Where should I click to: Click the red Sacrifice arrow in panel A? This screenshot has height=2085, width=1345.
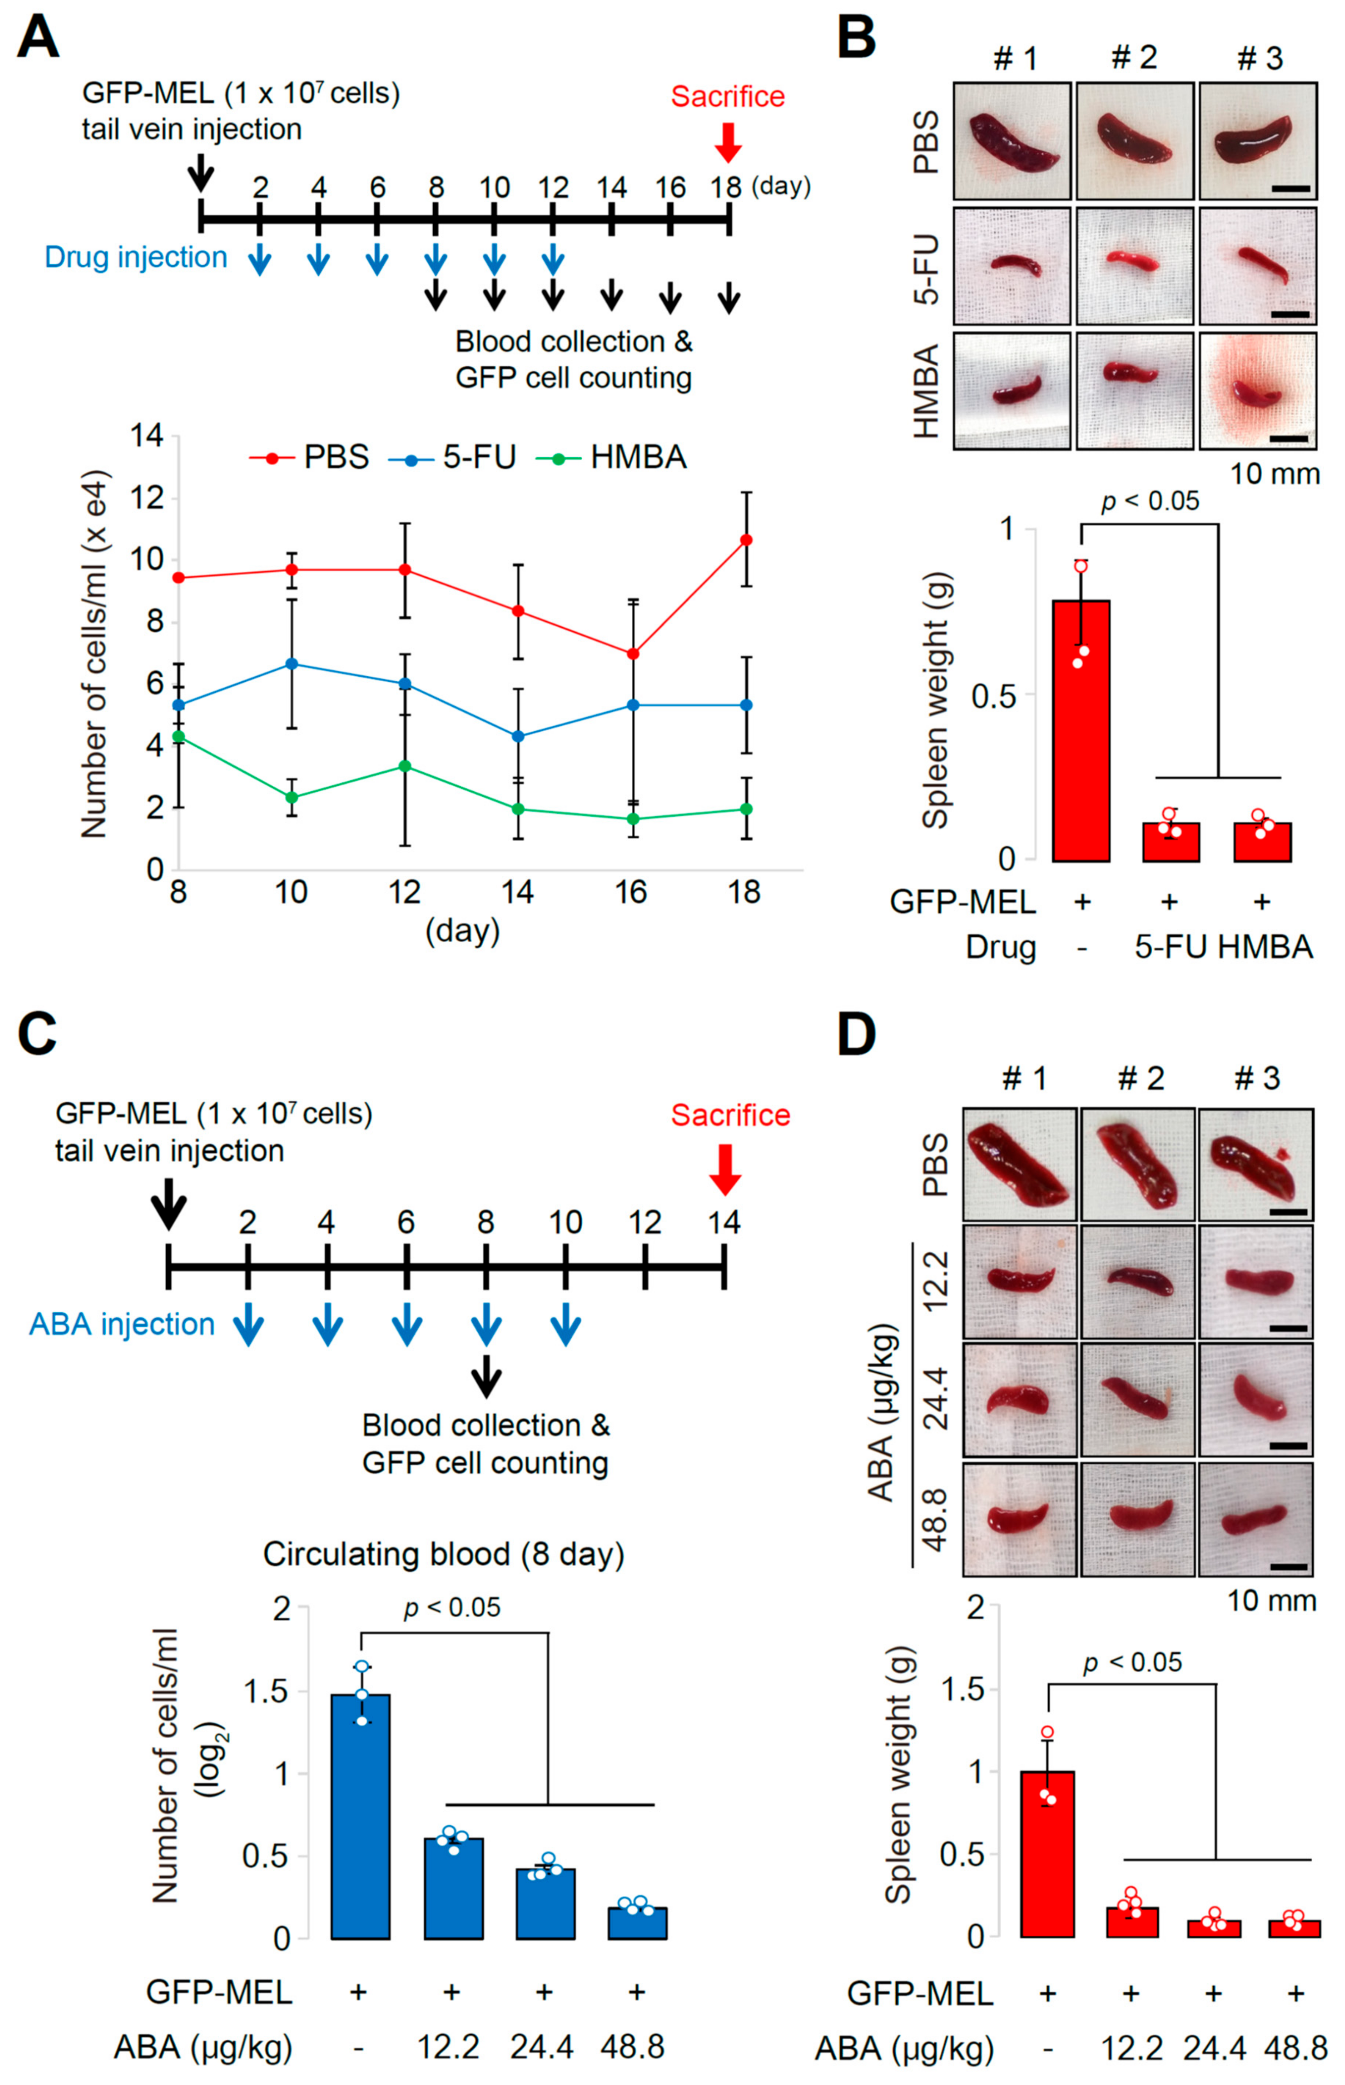pyautogui.click(x=728, y=142)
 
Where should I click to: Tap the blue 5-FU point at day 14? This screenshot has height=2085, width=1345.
pyautogui.click(x=518, y=736)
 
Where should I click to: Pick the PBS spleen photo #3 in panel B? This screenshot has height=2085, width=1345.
pyautogui.click(x=1257, y=141)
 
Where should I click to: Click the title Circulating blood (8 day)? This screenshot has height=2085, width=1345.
pyautogui.click(x=444, y=1555)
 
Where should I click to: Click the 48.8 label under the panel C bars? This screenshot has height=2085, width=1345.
pyautogui.click(x=632, y=2046)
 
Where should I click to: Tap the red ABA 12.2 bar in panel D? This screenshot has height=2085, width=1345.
pyautogui.click(x=1132, y=1922)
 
